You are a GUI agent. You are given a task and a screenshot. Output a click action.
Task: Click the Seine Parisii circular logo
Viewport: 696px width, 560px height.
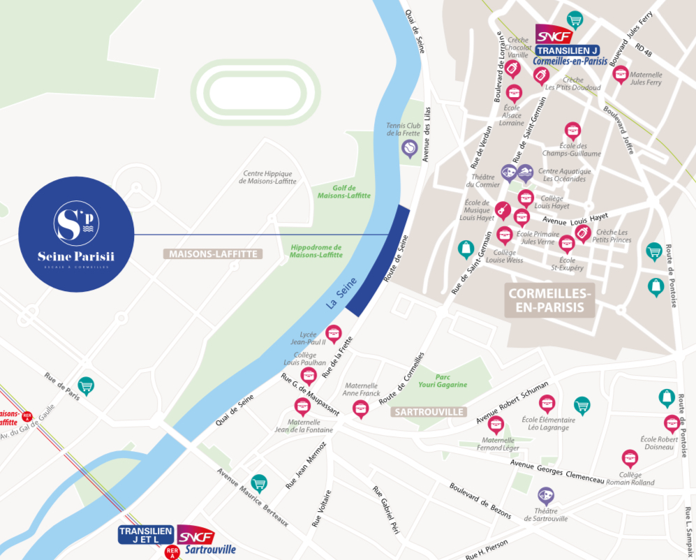76,235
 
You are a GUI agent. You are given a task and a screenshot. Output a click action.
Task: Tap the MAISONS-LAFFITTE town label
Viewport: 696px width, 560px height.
212,254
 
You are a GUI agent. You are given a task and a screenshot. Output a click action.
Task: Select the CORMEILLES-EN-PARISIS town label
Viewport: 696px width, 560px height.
551,300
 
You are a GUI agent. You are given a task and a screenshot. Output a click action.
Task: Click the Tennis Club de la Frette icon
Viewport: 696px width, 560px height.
410,147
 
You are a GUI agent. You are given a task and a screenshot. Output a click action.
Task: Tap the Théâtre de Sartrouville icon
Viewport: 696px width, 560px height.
546,496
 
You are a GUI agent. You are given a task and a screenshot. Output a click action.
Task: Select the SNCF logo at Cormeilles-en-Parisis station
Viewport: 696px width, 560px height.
554,35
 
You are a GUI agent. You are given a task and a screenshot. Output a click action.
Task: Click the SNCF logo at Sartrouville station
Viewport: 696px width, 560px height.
195,536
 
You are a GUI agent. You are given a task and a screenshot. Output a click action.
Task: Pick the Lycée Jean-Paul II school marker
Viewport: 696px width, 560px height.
334,332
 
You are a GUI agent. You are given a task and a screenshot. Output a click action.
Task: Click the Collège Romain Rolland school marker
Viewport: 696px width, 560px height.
630,458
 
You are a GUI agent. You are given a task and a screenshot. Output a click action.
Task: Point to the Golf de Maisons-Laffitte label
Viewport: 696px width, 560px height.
344,191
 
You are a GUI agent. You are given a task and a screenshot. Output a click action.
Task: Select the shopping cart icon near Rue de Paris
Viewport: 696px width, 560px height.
86,385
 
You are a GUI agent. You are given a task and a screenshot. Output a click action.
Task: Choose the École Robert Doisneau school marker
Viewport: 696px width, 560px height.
672,422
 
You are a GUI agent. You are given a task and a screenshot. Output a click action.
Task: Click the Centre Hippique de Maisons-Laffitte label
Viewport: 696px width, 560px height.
267,177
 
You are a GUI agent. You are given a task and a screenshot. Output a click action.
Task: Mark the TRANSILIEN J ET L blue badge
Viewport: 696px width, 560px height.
146,535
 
